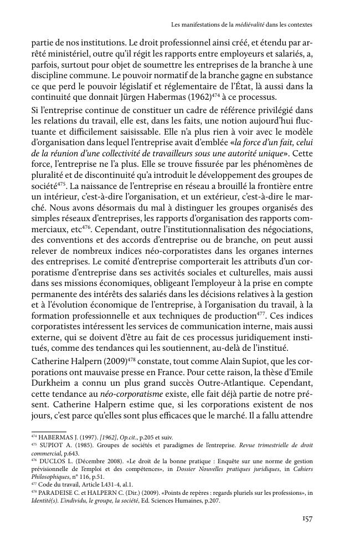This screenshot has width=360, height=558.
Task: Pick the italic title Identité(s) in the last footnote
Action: click(x=47, y=500)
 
